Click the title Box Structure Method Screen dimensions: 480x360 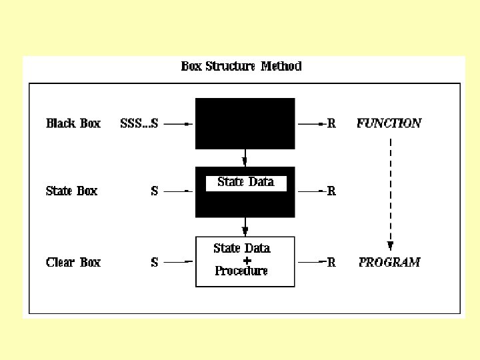[x=241, y=66]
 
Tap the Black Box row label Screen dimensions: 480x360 [x=73, y=123]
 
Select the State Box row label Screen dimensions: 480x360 [x=71, y=191]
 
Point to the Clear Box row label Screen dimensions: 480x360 [x=73, y=263]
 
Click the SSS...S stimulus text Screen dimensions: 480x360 [x=139, y=123]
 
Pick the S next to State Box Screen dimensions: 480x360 [x=155, y=191]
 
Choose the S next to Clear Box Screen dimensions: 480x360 [x=155, y=263]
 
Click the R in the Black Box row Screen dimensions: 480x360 [x=331, y=123]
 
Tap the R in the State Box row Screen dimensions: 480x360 [x=331, y=191]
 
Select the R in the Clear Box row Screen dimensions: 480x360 [x=331, y=263]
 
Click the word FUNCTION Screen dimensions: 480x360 [x=389, y=123]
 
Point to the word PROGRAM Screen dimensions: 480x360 [x=389, y=263]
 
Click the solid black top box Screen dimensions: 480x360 [x=245, y=123]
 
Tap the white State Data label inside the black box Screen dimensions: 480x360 [x=245, y=182]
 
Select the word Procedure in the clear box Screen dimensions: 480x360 [x=241, y=271]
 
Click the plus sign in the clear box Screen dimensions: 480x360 [x=247, y=260]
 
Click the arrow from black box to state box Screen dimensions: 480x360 [x=245, y=158]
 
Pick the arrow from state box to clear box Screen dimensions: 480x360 [x=245, y=227]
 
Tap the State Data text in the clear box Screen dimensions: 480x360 [x=242, y=249]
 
